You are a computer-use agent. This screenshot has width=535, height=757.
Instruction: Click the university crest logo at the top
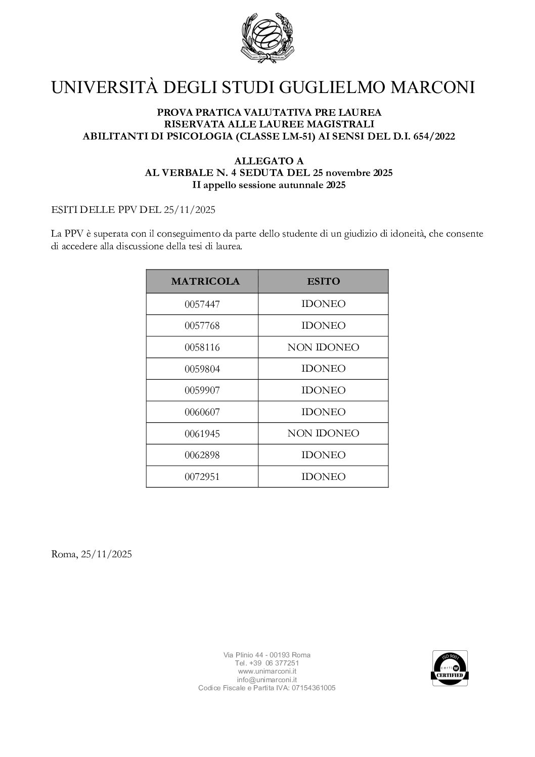pos(268,37)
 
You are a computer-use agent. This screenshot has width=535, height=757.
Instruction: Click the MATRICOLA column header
pos(205,282)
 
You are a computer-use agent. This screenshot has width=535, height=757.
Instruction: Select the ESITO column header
pos(323,282)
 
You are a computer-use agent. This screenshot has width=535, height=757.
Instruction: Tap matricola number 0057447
pos(202,304)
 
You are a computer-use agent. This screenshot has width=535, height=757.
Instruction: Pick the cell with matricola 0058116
pos(202,347)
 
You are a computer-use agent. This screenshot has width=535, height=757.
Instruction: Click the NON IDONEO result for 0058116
pos(323,347)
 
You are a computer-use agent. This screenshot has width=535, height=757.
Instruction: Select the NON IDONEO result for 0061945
pos(323,433)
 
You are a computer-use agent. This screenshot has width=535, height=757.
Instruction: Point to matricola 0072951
pos(202,477)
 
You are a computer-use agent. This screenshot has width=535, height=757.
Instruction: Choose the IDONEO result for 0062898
pos(323,455)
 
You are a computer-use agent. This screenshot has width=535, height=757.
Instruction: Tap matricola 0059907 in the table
pos(202,390)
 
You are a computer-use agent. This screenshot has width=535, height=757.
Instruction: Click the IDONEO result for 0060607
pos(323,412)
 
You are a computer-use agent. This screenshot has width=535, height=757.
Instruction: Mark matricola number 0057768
pos(202,326)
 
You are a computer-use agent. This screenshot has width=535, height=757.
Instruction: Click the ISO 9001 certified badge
pos(449,668)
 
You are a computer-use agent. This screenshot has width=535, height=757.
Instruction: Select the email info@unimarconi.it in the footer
pos(266,680)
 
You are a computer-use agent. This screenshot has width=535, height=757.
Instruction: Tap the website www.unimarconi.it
pos(266,672)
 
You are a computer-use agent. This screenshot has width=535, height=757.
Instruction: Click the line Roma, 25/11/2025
pos(92,554)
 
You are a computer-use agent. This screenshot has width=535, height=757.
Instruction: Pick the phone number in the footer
pos(267,663)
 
